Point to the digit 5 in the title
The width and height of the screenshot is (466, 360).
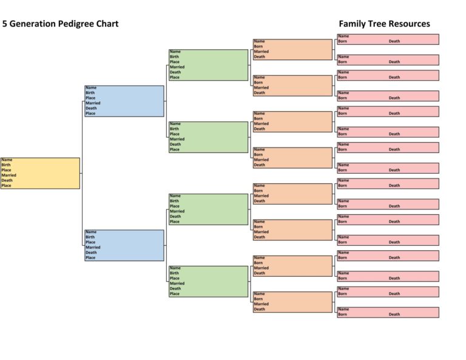pyautogui.click(x=5, y=24)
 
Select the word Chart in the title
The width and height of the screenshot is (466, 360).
pyautogui.click(x=106, y=24)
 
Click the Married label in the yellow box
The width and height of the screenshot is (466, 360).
pyautogui.click(x=9, y=175)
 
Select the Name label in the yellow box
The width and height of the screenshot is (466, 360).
pyautogui.click(x=7, y=160)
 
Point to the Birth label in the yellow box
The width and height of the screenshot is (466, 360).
pyautogui.click(x=6, y=165)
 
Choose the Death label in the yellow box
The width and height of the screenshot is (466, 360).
pyautogui.click(x=7, y=180)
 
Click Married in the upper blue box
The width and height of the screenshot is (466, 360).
pyautogui.click(x=93, y=103)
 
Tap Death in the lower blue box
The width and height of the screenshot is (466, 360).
pyautogui.click(x=91, y=253)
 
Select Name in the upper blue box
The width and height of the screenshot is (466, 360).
pyautogui.click(x=91, y=87)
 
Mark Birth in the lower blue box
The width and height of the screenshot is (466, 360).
pyautogui.click(x=90, y=237)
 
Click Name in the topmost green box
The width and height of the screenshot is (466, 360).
pyautogui.click(x=175, y=52)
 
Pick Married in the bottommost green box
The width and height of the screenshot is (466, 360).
pyautogui.click(x=177, y=284)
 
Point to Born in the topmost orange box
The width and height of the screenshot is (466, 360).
pyautogui.click(x=259, y=46)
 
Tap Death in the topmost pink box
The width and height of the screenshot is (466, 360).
pyautogui.click(x=394, y=41)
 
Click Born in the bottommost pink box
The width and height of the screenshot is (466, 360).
pyautogui.click(x=343, y=314)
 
